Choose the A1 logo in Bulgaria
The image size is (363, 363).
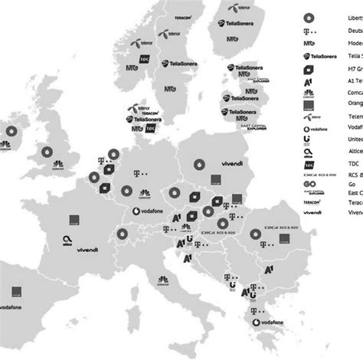point(268,271)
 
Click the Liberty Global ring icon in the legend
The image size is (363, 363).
point(309,17)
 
